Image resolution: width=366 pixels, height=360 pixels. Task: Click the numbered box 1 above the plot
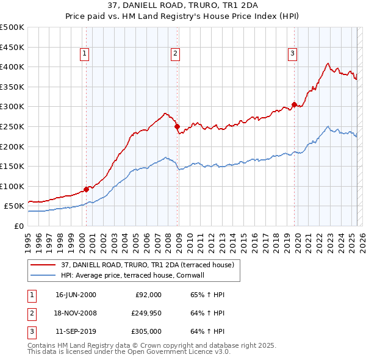click(84, 54)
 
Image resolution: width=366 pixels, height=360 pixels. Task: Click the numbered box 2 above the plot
click(175, 54)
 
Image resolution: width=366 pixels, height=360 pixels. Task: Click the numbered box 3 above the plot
click(292, 54)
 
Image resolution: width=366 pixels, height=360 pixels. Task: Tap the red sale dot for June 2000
click(86, 189)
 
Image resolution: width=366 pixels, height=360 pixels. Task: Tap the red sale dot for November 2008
click(177, 127)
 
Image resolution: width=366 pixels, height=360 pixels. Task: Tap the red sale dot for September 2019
click(294, 104)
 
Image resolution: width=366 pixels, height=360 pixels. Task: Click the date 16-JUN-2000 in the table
click(76, 294)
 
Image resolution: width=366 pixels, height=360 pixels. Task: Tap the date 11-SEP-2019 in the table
click(76, 333)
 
